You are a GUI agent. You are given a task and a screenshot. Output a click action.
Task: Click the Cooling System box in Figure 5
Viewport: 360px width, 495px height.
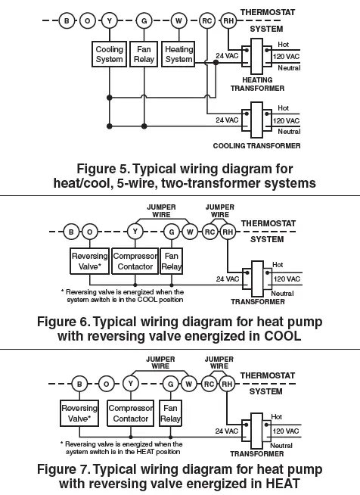[x=110, y=54]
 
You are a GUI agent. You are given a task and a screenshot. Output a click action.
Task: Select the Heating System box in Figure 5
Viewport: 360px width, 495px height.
[x=178, y=54]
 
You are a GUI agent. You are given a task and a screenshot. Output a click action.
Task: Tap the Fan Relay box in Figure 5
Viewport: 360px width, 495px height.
[x=144, y=54]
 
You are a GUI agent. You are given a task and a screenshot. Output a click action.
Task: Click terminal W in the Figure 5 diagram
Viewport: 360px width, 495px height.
[x=178, y=21]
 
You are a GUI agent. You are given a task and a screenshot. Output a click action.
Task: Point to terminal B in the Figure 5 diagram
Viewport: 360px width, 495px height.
[x=68, y=21]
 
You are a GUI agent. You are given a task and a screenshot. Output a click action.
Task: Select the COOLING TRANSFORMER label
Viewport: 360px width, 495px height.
[x=256, y=145]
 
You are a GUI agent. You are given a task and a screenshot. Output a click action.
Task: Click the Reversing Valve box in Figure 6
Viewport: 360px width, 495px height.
[x=89, y=261]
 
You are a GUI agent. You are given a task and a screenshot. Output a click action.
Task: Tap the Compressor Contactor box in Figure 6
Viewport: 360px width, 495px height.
[x=135, y=261]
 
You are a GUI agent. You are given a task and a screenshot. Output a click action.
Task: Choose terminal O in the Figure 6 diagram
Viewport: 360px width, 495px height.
[x=90, y=232]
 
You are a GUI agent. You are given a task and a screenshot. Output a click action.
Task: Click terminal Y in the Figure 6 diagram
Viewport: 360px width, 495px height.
[x=135, y=232]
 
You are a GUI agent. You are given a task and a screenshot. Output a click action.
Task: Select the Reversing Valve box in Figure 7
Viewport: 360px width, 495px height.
[x=79, y=413]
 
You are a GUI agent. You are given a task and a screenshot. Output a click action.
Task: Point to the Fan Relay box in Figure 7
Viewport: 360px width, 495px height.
[x=172, y=413]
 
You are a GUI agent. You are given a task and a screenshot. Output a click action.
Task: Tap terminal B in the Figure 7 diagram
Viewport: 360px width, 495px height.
[x=77, y=384]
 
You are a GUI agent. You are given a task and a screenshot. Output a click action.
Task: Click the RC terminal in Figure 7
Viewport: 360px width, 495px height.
[x=209, y=384]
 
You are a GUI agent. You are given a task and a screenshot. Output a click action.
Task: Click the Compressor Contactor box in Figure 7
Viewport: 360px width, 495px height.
[x=131, y=413]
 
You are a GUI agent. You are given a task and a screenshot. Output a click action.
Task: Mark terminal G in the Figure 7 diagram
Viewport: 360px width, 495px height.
[x=172, y=384]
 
